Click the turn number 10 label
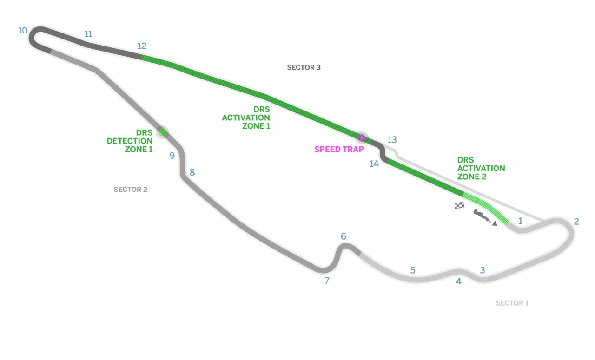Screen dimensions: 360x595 click(23, 31)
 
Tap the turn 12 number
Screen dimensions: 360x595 click(142, 46)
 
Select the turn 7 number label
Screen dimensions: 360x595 click(327, 281)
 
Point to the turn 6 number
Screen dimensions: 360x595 click(344, 237)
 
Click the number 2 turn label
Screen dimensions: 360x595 click(576, 222)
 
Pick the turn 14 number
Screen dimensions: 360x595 click(374, 164)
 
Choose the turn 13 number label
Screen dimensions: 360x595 click(392, 139)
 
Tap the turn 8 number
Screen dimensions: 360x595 click(192, 173)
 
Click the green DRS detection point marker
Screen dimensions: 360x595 click(162, 132)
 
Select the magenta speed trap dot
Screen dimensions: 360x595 click(362, 137)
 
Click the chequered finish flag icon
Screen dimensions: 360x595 click(459, 205)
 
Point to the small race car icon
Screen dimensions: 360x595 click(483, 217)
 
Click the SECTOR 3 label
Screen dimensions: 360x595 click(304, 67)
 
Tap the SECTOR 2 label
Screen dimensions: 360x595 click(131, 190)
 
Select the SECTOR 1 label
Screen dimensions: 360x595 click(512, 303)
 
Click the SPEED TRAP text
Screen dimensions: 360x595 click(339, 150)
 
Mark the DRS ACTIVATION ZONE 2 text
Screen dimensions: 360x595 click(481, 168)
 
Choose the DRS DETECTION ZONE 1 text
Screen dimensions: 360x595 click(130, 141)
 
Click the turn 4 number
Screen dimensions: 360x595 click(459, 281)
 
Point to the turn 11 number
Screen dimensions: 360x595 click(88, 34)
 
